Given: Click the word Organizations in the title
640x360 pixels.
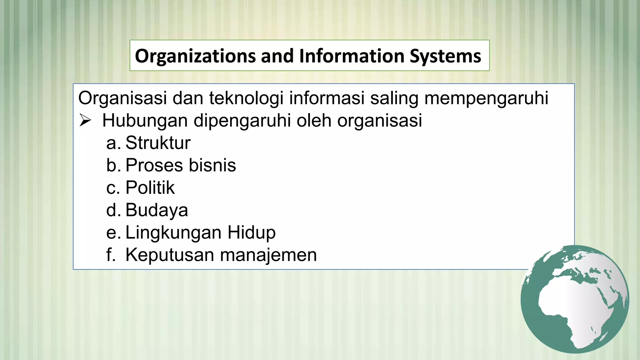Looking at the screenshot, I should pyautogui.click(x=195, y=56).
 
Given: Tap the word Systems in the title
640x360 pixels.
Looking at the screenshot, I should pyautogui.click(x=445, y=56).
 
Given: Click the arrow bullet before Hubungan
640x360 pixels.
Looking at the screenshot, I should pyautogui.click(x=85, y=121).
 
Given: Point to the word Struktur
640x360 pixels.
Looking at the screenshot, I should pyautogui.click(x=158, y=143).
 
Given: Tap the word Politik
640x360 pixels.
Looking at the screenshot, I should pyautogui.click(x=150, y=188).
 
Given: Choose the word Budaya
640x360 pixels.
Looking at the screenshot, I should pyautogui.click(x=157, y=210).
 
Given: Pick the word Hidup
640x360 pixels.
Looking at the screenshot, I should pyautogui.click(x=251, y=232).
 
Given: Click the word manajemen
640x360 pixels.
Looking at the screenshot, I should pyautogui.click(x=268, y=255).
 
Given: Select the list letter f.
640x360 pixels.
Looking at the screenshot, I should pyautogui.click(x=110, y=255).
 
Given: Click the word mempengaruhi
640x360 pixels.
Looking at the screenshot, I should pyautogui.click(x=486, y=98).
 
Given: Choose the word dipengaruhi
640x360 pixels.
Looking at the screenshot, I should pyautogui.click(x=242, y=121).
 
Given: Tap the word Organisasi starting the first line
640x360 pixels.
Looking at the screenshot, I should pyautogui.click(x=122, y=98).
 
